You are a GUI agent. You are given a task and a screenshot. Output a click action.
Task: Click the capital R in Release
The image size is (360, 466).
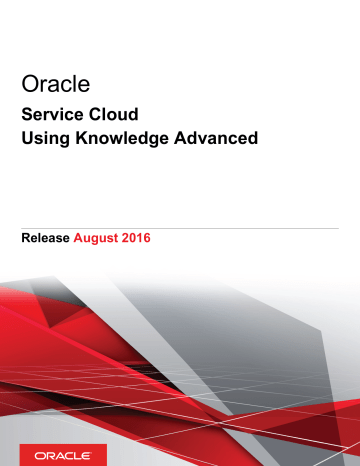click(x=25, y=240)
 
